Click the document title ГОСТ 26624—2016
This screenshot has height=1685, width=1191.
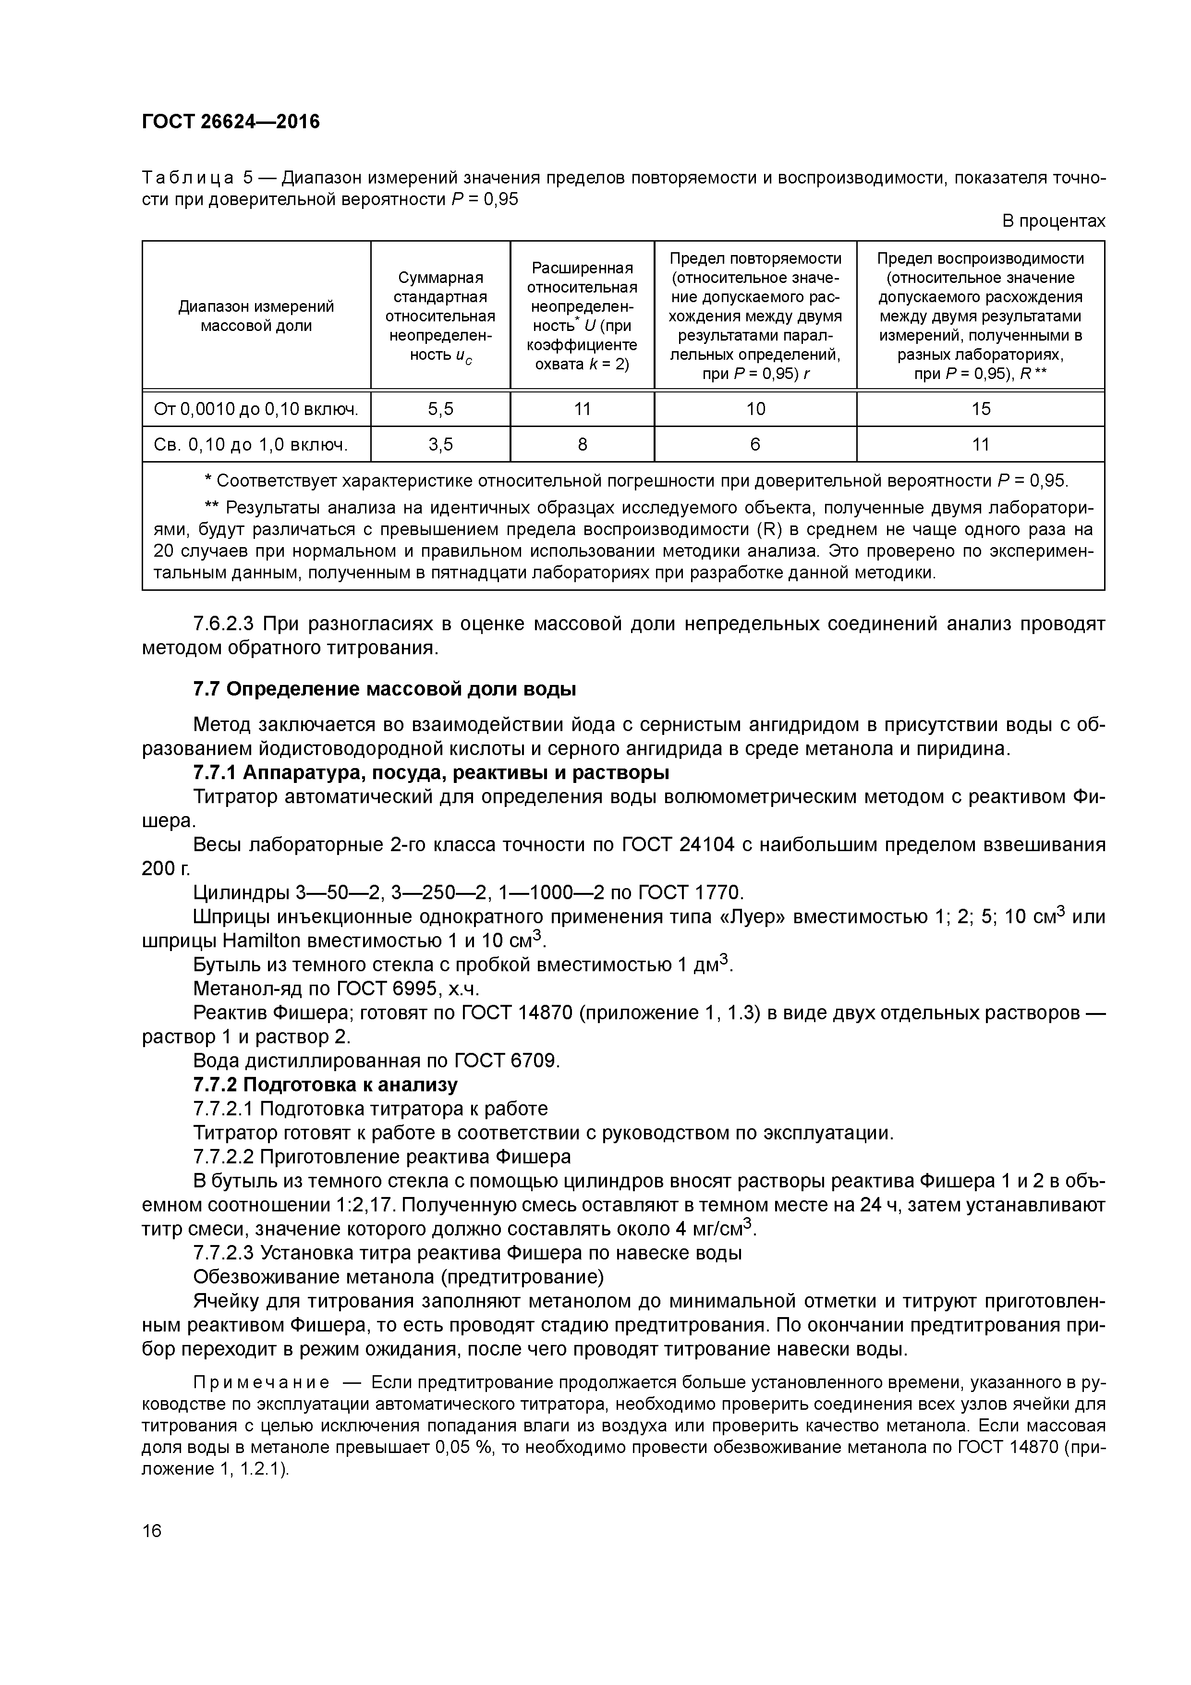coord(231,122)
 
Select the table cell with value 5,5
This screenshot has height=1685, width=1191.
coord(440,409)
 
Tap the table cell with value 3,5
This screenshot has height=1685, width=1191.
coord(440,444)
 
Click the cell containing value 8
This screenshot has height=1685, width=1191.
coord(582,444)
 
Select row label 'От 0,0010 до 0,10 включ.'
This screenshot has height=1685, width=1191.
coord(256,409)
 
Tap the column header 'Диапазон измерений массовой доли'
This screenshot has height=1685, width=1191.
coord(256,316)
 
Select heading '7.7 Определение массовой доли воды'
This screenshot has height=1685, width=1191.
coord(384,689)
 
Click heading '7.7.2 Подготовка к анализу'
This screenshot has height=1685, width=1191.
coord(325,1085)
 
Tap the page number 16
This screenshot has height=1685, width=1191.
coord(152,1531)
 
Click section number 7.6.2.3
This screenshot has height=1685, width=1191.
coord(223,624)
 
